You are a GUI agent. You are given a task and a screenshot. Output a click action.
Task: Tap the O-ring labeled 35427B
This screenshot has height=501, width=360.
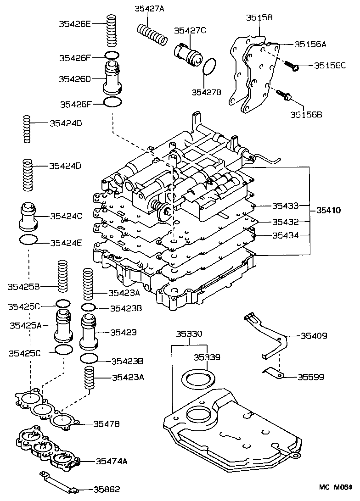point(209,67)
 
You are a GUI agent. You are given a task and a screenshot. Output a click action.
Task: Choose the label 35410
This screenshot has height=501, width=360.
point(328,211)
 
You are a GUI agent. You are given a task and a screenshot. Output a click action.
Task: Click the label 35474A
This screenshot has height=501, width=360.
point(112,461)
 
